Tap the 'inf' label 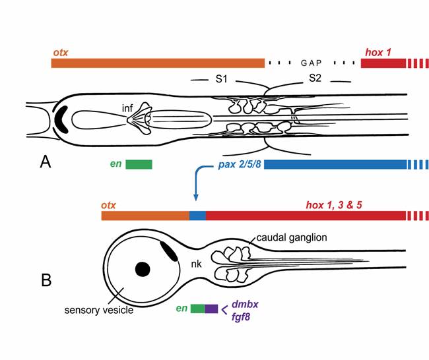tap(129, 107)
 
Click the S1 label tap(222, 79)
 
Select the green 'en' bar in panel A tap(139, 164)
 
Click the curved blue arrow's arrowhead tap(196, 197)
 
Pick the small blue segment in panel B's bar tap(197, 216)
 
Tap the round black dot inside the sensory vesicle tap(141, 268)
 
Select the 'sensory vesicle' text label tap(100, 309)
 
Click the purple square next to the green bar tap(211, 308)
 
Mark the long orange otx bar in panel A tap(158, 63)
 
